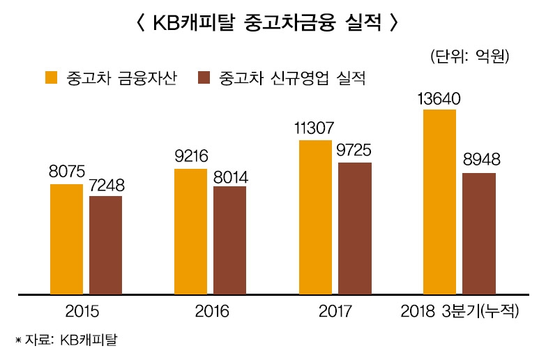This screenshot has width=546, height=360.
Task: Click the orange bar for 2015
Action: [x=66, y=239]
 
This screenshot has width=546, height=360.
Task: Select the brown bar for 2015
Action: [x=105, y=245]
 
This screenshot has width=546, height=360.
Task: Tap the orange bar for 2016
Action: [x=190, y=231]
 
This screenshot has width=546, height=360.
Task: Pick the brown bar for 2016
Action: [x=229, y=240]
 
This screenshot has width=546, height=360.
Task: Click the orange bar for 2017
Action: [x=315, y=217]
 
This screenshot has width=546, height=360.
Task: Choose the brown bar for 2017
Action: [x=355, y=228]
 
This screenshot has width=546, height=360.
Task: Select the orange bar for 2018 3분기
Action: [x=440, y=202]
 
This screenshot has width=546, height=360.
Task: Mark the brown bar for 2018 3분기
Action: [x=479, y=234]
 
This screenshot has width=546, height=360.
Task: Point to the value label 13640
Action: [x=439, y=98]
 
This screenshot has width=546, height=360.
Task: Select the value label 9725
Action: [x=354, y=151]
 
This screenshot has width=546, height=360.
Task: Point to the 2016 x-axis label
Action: [x=210, y=311]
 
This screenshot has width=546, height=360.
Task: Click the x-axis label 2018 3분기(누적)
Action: [x=460, y=311]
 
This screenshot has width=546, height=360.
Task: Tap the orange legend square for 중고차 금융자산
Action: [x=52, y=77]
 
